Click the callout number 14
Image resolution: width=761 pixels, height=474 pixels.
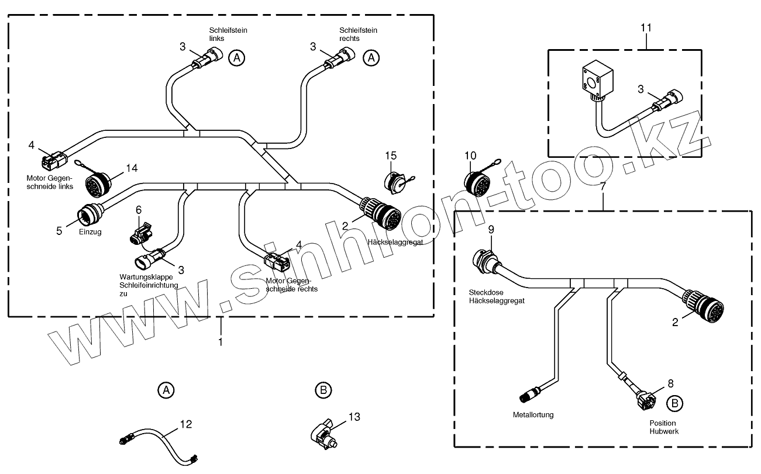click(132, 168)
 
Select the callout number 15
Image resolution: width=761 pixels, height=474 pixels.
click(390, 155)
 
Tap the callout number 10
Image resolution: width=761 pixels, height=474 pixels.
click(471, 155)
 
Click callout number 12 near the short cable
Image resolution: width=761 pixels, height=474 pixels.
click(185, 424)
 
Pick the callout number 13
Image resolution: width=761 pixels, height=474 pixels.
click(354, 417)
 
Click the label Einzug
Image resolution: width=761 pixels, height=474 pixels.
click(90, 232)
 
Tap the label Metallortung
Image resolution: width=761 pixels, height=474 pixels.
click(533, 415)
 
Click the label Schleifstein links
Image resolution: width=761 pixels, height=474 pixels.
click(224, 34)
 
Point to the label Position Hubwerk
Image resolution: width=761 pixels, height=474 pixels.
click(662, 427)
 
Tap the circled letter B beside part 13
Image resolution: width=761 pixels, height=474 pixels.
click(323, 390)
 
